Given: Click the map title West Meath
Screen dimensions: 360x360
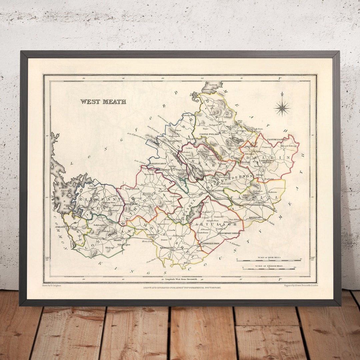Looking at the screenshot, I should click(103, 102).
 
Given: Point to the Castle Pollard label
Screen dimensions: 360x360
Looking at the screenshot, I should click(209, 134).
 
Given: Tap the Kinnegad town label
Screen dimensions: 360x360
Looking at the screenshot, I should click(256, 217).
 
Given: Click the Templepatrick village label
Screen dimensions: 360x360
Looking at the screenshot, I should click(131, 189).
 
